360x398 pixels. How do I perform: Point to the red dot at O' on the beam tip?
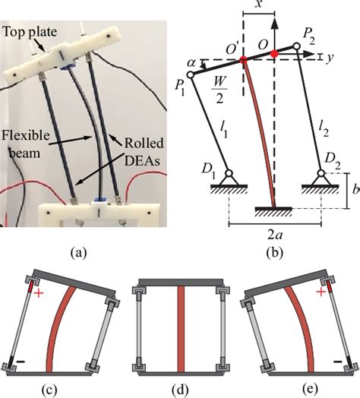tap(242, 58)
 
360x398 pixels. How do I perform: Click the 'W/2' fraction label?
tap(219, 94)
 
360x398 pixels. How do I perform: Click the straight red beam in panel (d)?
tap(179, 327)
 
